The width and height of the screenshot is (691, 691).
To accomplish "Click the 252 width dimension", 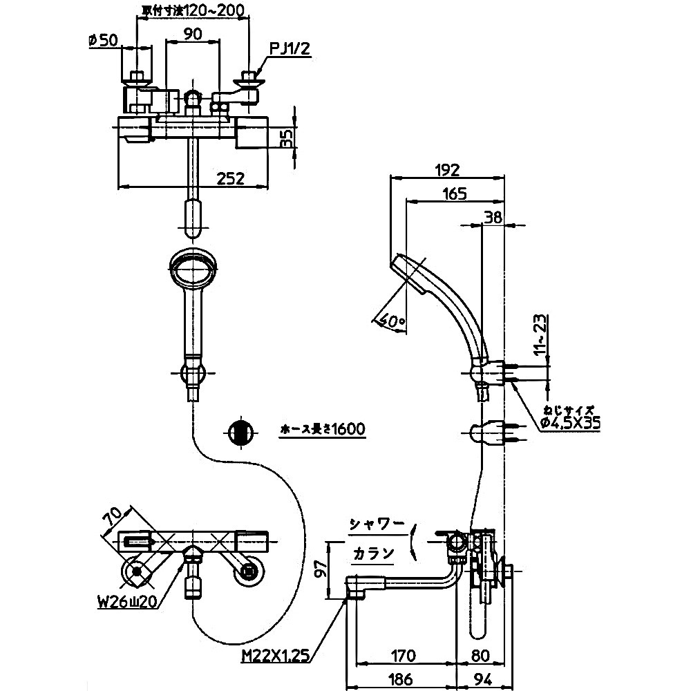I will pos(229,178).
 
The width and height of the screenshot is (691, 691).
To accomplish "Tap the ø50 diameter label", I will pos(102,40).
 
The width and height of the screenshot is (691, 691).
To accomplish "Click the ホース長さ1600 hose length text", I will pos(321,429).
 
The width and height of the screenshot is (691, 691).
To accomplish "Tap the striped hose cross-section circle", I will pos(239,433).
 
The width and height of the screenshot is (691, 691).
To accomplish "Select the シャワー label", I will pos(377,525).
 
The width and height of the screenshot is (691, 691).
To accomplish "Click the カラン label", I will pos(373,553).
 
